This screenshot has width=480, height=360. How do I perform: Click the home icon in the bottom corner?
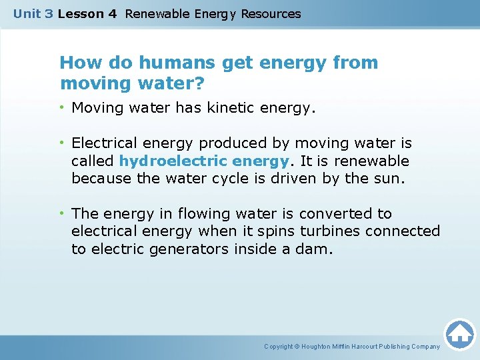[x=459, y=333]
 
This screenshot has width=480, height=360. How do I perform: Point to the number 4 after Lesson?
[x=113, y=14]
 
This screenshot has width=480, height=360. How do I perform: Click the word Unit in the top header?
[x=27, y=14]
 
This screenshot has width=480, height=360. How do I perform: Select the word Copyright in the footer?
[x=279, y=347]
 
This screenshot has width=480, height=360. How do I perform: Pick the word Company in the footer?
[x=425, y=347]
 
